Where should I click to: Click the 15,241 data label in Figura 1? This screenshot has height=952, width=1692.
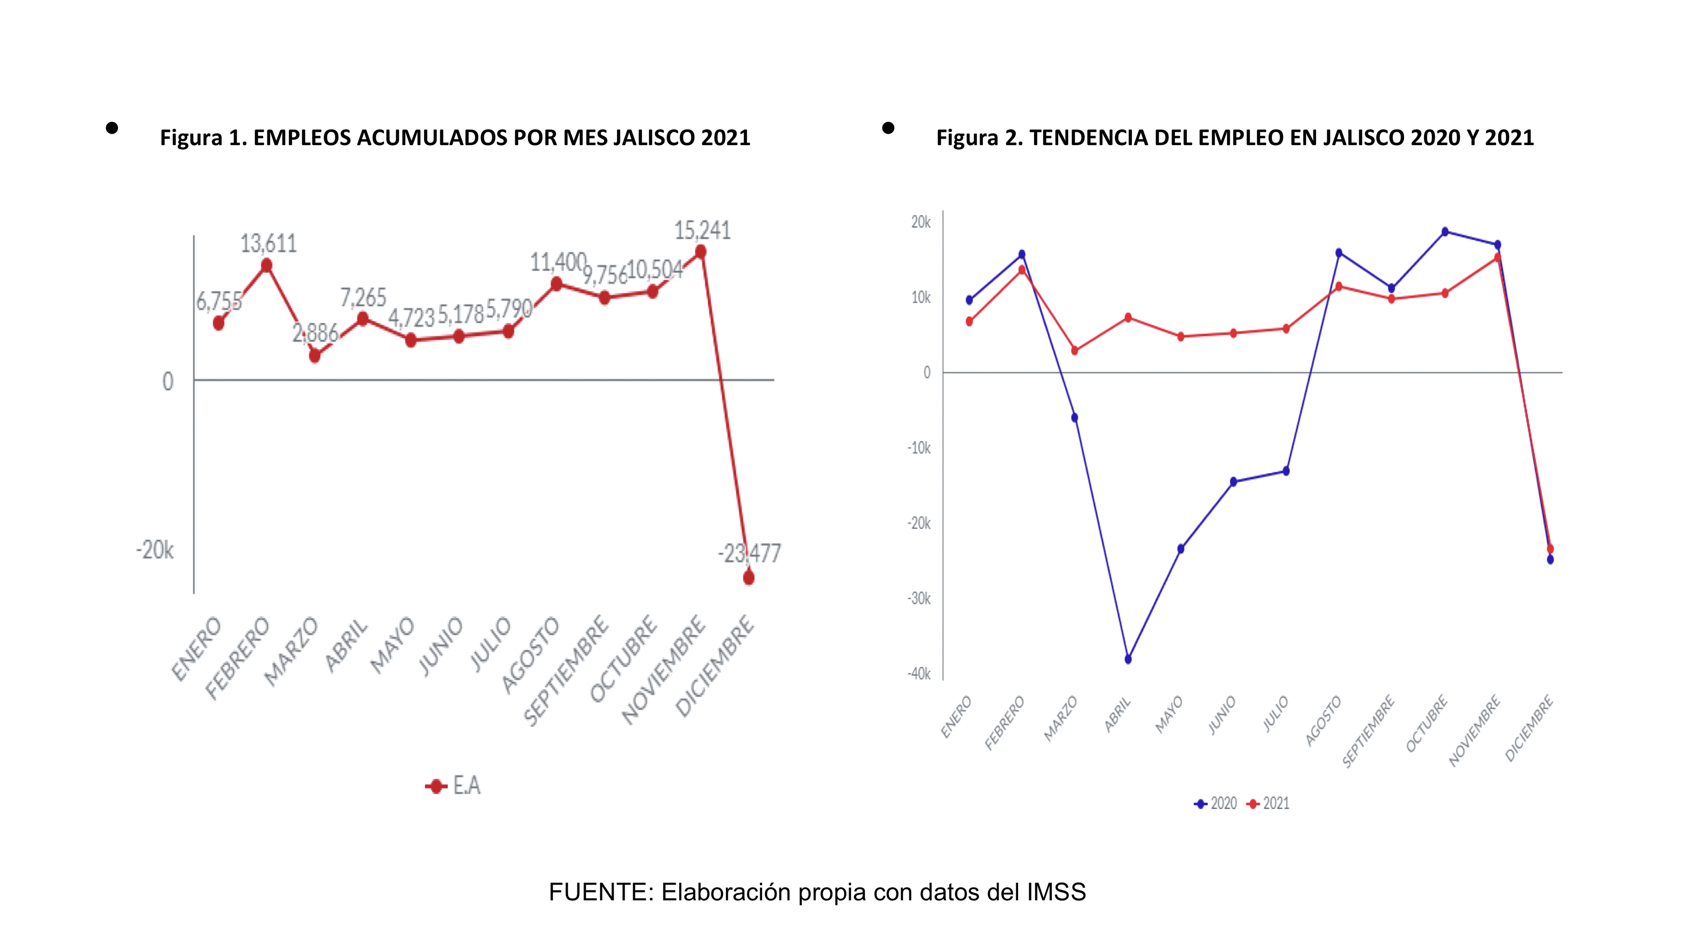click(x=702, y=231)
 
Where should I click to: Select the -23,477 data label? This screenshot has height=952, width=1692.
click(x=749, y=553)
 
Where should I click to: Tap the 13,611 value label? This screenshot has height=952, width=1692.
click(x=268, y=244)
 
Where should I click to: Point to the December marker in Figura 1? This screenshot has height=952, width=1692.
click(x=748, y=578)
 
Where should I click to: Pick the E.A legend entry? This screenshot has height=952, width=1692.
click(x=454, y=786)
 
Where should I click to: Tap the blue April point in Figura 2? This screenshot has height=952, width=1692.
click(x=1128, y=659)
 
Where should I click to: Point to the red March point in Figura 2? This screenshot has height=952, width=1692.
click(x=1075, y=351)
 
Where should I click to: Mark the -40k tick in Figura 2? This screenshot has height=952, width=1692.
click(x=919, y=674)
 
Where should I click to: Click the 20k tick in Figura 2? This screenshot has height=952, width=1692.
click(x=921, y=223)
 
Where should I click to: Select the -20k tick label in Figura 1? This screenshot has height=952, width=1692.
click(x=155, y=550)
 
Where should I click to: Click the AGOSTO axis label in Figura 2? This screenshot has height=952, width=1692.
click(x=1323, y=721)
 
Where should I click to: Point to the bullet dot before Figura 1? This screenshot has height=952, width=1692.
click(x=112, y=128)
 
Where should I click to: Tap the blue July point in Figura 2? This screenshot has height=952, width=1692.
click(x=1286, y=471)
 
